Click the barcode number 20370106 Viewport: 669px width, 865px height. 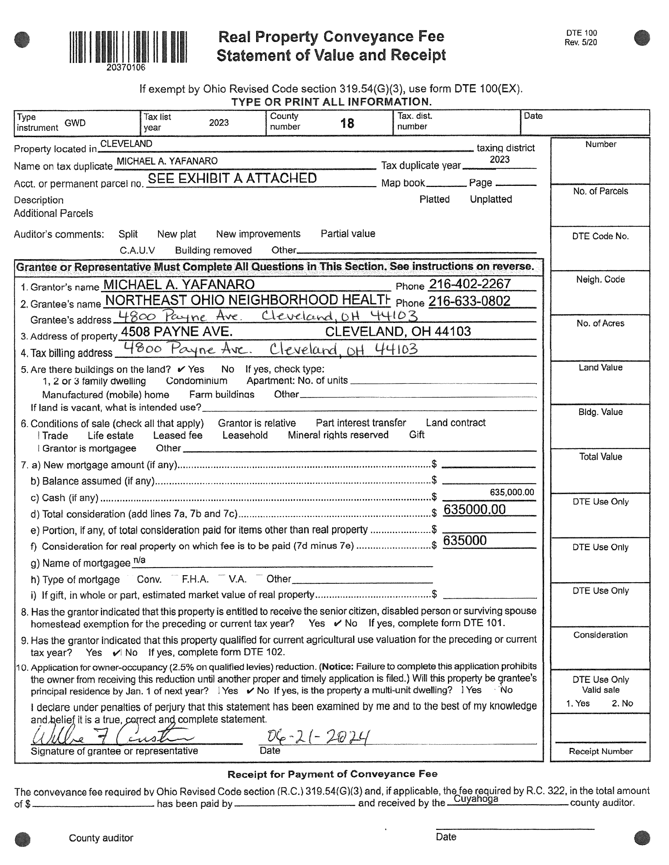[126, 68]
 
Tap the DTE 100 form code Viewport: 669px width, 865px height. [581, 33]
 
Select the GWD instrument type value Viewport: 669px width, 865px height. [75, 123]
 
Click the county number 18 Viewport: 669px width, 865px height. [347, 124]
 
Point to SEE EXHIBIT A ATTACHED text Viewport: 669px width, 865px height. [232, 179]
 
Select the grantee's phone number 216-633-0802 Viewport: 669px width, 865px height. [469, 301]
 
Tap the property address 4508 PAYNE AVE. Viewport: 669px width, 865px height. [177, 331]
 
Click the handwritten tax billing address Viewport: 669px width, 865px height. [270, 349]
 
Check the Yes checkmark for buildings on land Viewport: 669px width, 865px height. [181, 370]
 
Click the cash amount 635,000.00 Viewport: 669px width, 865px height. [512, 492]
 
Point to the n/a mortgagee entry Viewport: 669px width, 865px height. [140, 560]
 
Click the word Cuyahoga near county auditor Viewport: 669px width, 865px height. [475, 799]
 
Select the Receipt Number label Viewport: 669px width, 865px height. [600, 751]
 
